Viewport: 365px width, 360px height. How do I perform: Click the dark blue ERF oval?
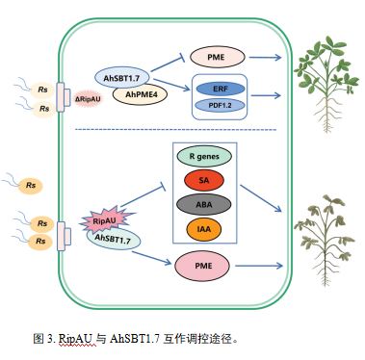click(219, 87)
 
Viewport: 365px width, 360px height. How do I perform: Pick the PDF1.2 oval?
click(219, 105)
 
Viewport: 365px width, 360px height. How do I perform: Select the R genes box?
click(202, 154)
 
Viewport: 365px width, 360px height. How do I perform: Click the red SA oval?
click(202, 179)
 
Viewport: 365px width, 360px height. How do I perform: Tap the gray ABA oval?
click(202, 204)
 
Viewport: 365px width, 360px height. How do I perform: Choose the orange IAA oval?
click(202, 229)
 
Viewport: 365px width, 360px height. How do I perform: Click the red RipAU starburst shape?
click(104, 220)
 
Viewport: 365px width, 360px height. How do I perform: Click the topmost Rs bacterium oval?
click(42, 90)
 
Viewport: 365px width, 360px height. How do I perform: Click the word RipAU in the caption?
click(78, 338)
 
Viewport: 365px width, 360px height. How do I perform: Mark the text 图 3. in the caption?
click(43, 338)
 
